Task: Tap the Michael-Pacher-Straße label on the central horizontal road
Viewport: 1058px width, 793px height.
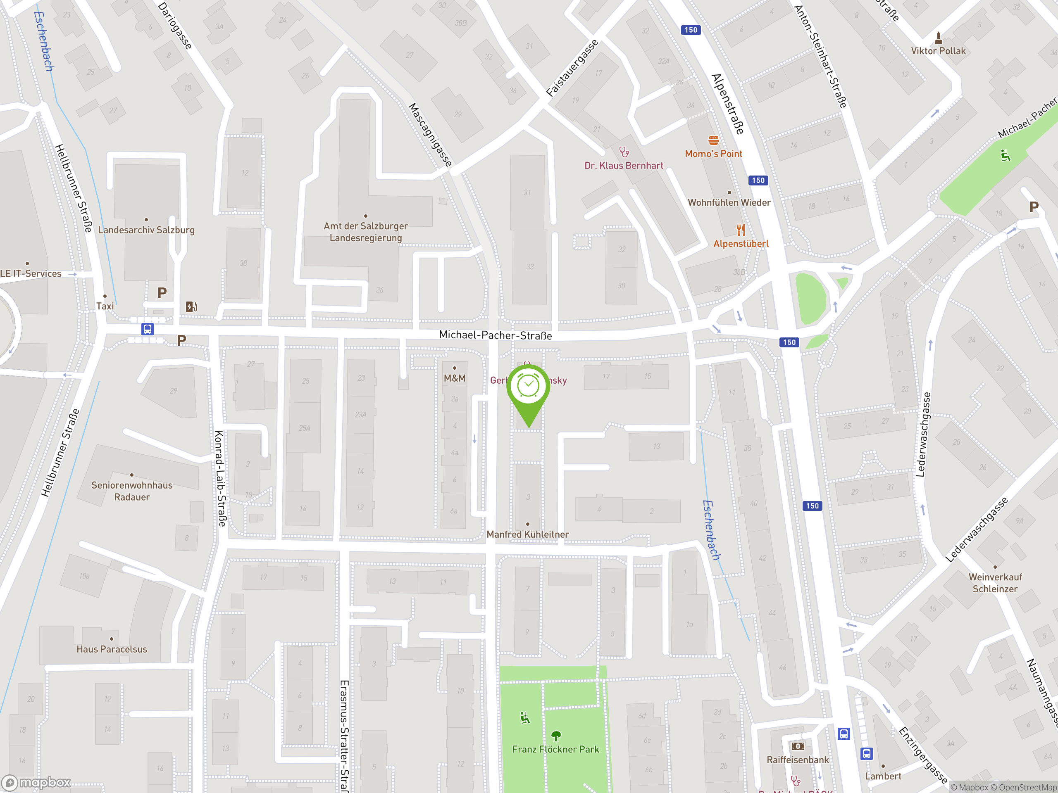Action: tap(495, 335)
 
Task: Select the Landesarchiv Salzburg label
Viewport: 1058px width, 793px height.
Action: tap(146, 230)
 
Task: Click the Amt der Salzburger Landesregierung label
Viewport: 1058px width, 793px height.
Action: tap(366, 232)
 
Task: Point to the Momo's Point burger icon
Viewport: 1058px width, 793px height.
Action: tap(714, 140)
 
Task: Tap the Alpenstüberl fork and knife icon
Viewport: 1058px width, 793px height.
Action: tap(741, 230)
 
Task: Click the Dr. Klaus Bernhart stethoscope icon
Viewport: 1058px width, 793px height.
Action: tap(624, 152)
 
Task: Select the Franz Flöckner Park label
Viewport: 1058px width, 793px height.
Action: tap(555, 749)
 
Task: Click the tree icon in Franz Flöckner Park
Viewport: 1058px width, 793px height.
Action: tap(556, 736)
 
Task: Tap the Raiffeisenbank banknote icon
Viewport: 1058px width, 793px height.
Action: tap(797, 746)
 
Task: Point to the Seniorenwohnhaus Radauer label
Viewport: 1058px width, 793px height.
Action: tap(132, 491)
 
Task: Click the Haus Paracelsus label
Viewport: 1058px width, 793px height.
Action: tap(112, 649)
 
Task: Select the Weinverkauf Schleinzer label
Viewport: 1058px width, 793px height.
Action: tap(995, 583)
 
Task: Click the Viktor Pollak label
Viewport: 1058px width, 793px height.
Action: tap(938, 51)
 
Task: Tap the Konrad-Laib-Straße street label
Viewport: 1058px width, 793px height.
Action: tap(220, 478)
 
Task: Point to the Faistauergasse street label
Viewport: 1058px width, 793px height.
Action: tap(572, 68)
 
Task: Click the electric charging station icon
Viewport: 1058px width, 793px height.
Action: tap(191, 306)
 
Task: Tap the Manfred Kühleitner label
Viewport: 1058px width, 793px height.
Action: tap(528, 534)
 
